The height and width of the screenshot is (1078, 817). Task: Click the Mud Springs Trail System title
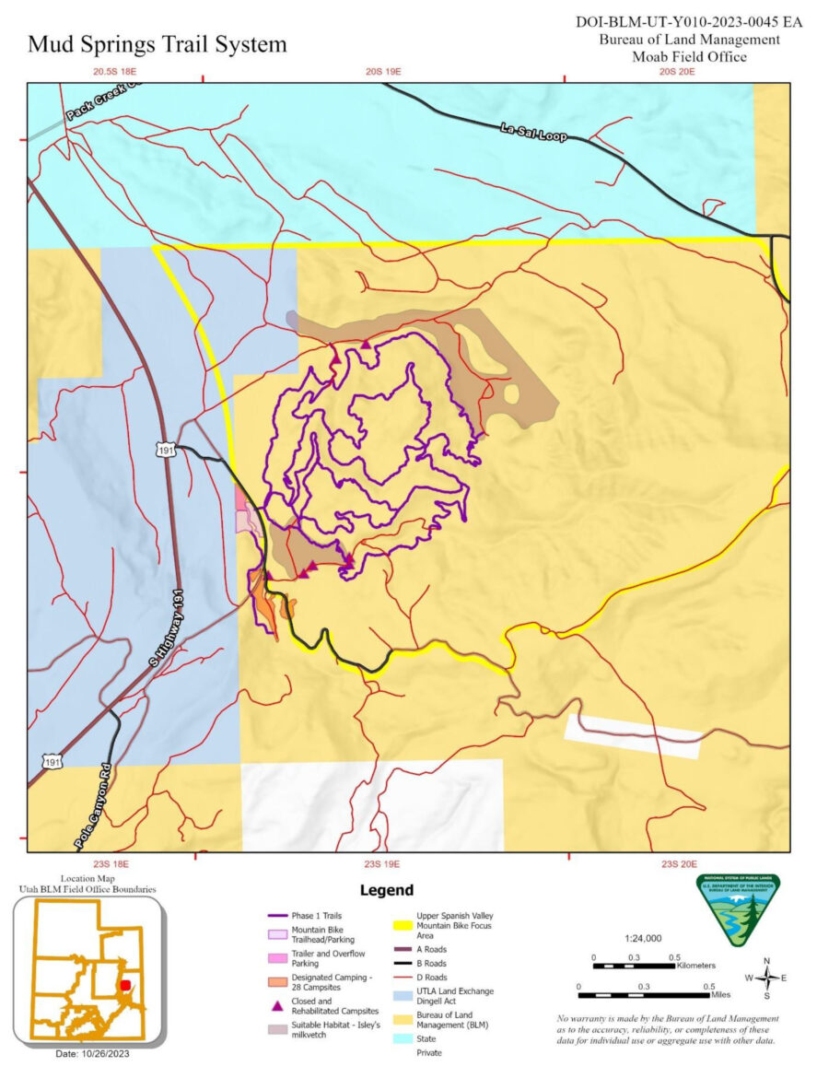coord(158,44)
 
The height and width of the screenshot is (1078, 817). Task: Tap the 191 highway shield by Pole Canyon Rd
coord(53,761)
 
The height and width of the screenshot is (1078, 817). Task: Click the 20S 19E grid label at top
coord(385,71)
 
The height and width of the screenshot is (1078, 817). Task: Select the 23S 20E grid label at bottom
coord(683,864)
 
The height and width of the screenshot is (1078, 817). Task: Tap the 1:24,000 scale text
coord(642,938)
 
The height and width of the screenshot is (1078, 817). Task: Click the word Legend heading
coord(386,890)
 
